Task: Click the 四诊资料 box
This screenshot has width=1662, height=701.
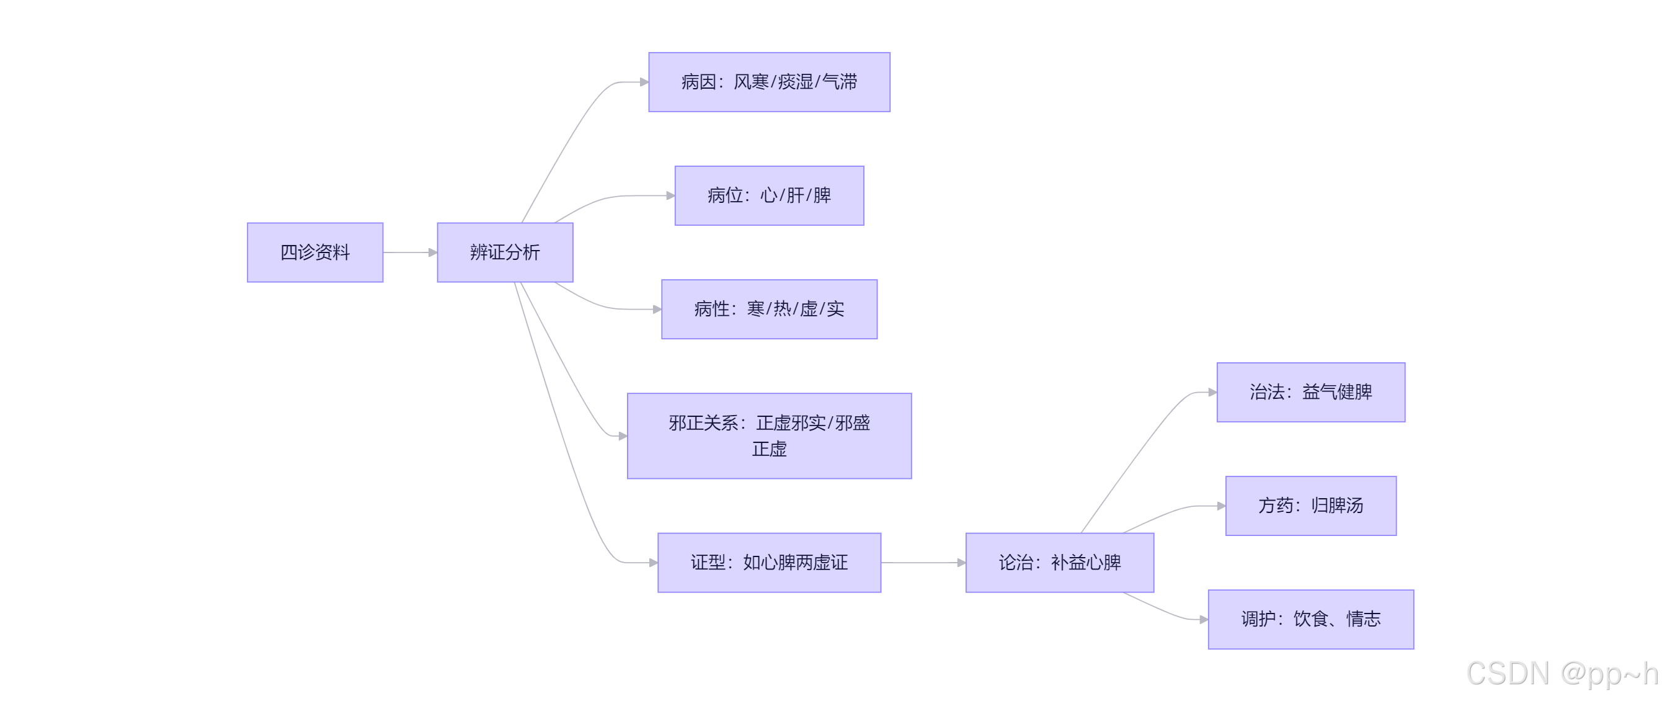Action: [x=315, y=252]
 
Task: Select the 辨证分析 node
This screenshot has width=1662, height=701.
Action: [x=505, y=252]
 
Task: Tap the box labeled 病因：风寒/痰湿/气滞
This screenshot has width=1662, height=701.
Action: [x=769, y=82]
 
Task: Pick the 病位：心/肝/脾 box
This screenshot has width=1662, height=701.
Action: [x=769, y=195]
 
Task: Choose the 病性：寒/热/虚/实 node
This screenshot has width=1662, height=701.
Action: [x=769, y=309]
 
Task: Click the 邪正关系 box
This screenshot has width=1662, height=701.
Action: [x=769, y=435]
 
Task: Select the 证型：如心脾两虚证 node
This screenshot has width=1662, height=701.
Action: [x=769, y=562]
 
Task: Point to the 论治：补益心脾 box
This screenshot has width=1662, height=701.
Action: [x=1059, y=562]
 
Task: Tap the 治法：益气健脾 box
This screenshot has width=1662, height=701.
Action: [x=1310, y=392]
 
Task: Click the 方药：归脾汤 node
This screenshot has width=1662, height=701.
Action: [x=1310, y=506]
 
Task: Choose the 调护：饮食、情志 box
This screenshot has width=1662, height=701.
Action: [x=1310, y=619]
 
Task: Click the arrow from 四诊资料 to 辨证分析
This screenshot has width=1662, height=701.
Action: [x=410, y=252]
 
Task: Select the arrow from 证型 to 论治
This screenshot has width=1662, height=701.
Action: [x=923, y=562]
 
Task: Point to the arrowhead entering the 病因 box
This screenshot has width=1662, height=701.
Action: [x=644, y=82]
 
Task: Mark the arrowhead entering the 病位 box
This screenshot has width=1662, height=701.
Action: [x=670, y=195]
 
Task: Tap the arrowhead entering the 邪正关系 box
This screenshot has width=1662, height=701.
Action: [x=623, y=435]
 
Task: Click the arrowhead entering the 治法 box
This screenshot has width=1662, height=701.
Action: [x=1212, y=392]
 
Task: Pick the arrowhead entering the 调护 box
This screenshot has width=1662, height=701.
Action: [x=1204, y=619]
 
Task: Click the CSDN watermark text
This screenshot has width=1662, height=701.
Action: [x=1562, y=673]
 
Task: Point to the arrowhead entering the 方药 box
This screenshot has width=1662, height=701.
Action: [x=1220, y=506]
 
